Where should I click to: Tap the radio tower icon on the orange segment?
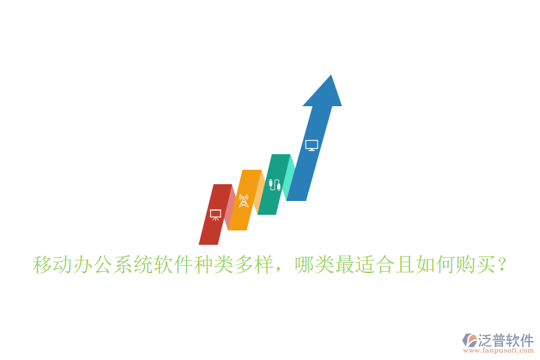[244, 200]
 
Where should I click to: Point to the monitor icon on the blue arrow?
[311, 145]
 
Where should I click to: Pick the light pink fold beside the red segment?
[230, 207]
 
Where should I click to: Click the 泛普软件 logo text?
[506, 340]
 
